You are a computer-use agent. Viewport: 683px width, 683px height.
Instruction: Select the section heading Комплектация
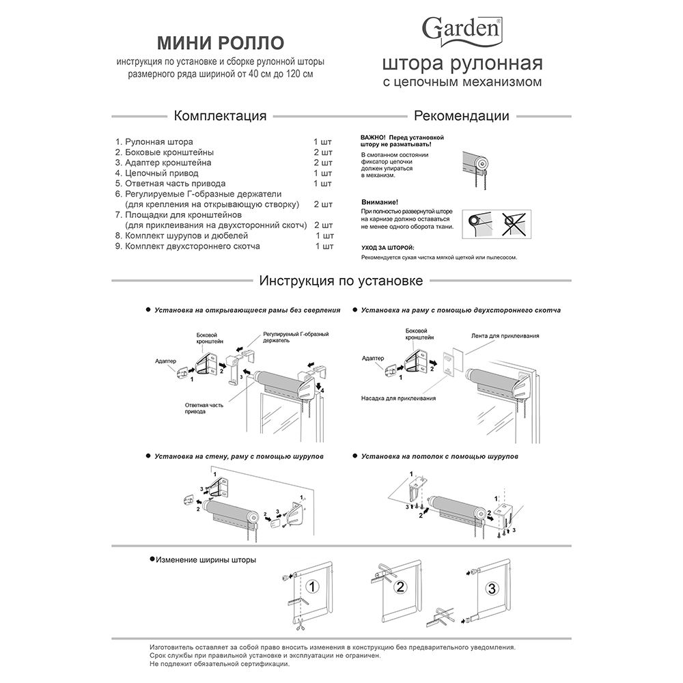pyautogui.click(x=220, y=115)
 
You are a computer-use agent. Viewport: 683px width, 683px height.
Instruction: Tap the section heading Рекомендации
pyautogui.click(x=462, y=115)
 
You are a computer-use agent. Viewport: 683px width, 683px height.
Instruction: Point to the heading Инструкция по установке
pyautogui.click(x=341, y=281)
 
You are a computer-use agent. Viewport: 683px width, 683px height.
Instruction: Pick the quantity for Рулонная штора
pyautogui.click(x=322, y=141)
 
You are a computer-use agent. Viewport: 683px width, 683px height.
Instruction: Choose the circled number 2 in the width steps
pyautogui.click(x=401, y=586)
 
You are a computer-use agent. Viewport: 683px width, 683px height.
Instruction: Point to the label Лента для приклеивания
pyautogui.click(x=505, y=336)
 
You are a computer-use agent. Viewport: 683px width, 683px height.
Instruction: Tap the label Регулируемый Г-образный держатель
pyautogui.click(x=296, y=337)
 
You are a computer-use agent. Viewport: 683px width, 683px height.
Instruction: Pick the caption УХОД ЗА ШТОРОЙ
pyautogui.click(x=387, y=247)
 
